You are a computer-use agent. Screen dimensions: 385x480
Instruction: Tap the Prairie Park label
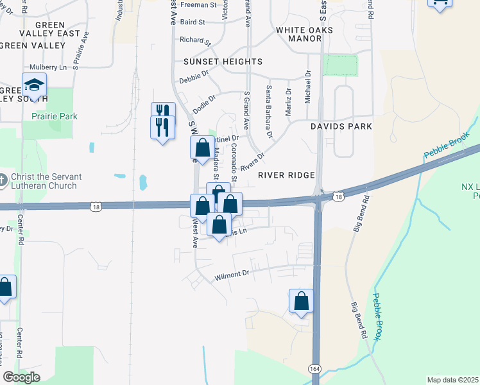pos(54,116)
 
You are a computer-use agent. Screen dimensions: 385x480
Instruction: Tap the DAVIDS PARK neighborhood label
pos(341,126)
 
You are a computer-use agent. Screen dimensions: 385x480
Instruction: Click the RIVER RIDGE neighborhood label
pos(286,175)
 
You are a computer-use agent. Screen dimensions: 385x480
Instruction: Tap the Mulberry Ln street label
pos(48,67)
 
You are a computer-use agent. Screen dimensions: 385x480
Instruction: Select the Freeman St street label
pos(198,4)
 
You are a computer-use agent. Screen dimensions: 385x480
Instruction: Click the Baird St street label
pos(192,22)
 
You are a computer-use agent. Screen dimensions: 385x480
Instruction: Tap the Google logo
pos(22,377)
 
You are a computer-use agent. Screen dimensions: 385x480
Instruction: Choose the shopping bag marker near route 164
pos(301,301)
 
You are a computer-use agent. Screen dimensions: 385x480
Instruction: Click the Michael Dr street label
pos(307,90)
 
